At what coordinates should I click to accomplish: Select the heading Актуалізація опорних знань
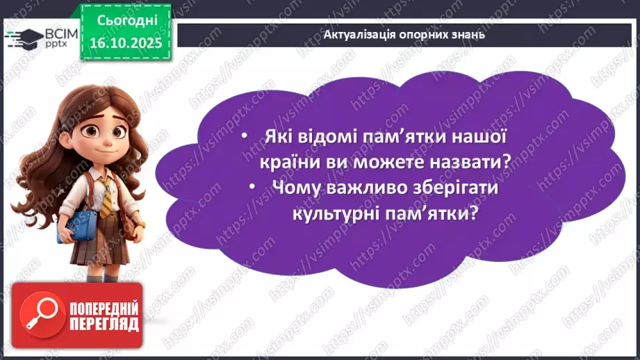click(x=405, y=34)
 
